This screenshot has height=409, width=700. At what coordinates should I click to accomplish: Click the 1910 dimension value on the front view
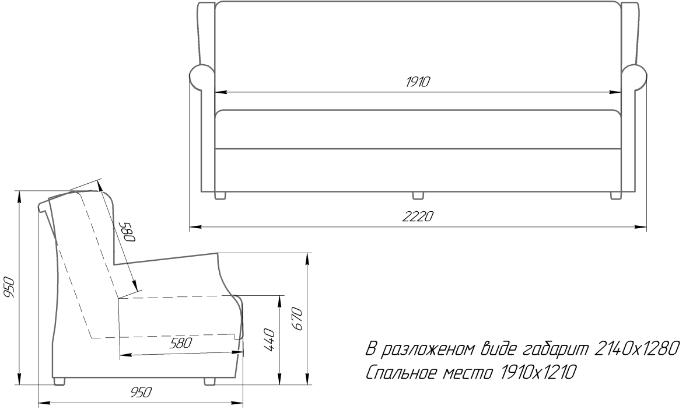[x=418, y=82]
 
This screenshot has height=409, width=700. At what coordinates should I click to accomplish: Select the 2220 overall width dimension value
[x=418, y=216]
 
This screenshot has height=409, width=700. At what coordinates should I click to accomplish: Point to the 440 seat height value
[x=269, y=340]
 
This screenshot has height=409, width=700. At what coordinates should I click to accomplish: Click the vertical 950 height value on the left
[x=9, y=287]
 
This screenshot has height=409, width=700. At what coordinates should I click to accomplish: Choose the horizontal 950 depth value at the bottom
[x=141, y=393]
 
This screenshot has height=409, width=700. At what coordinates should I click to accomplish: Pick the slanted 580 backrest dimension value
[x=128, y=232]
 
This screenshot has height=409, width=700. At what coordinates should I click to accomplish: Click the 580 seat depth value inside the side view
[x=181, y=343]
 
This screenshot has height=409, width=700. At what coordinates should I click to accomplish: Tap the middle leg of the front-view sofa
[x=418, y=195]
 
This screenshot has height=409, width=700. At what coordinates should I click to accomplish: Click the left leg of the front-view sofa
[x=220, y=195]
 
